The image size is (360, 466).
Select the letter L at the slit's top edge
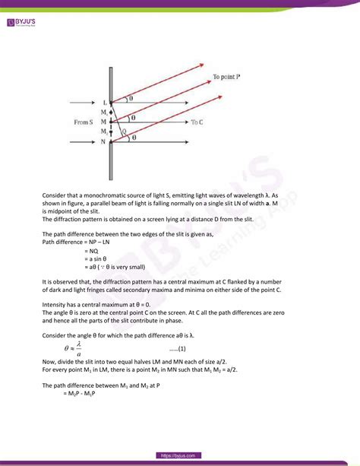click(x=106, y=102)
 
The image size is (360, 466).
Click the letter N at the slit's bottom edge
click(x=105, y=141)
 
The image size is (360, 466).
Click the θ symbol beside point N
click(x=134, y=138)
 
